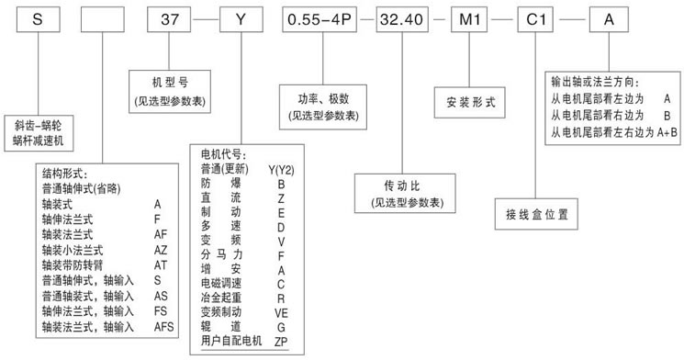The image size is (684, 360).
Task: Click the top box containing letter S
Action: pos(35,18)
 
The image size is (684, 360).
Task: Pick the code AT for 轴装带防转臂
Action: pos(161,263)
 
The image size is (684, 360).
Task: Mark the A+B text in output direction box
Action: pos(667,132)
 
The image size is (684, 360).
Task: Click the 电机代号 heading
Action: pos(224,156)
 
